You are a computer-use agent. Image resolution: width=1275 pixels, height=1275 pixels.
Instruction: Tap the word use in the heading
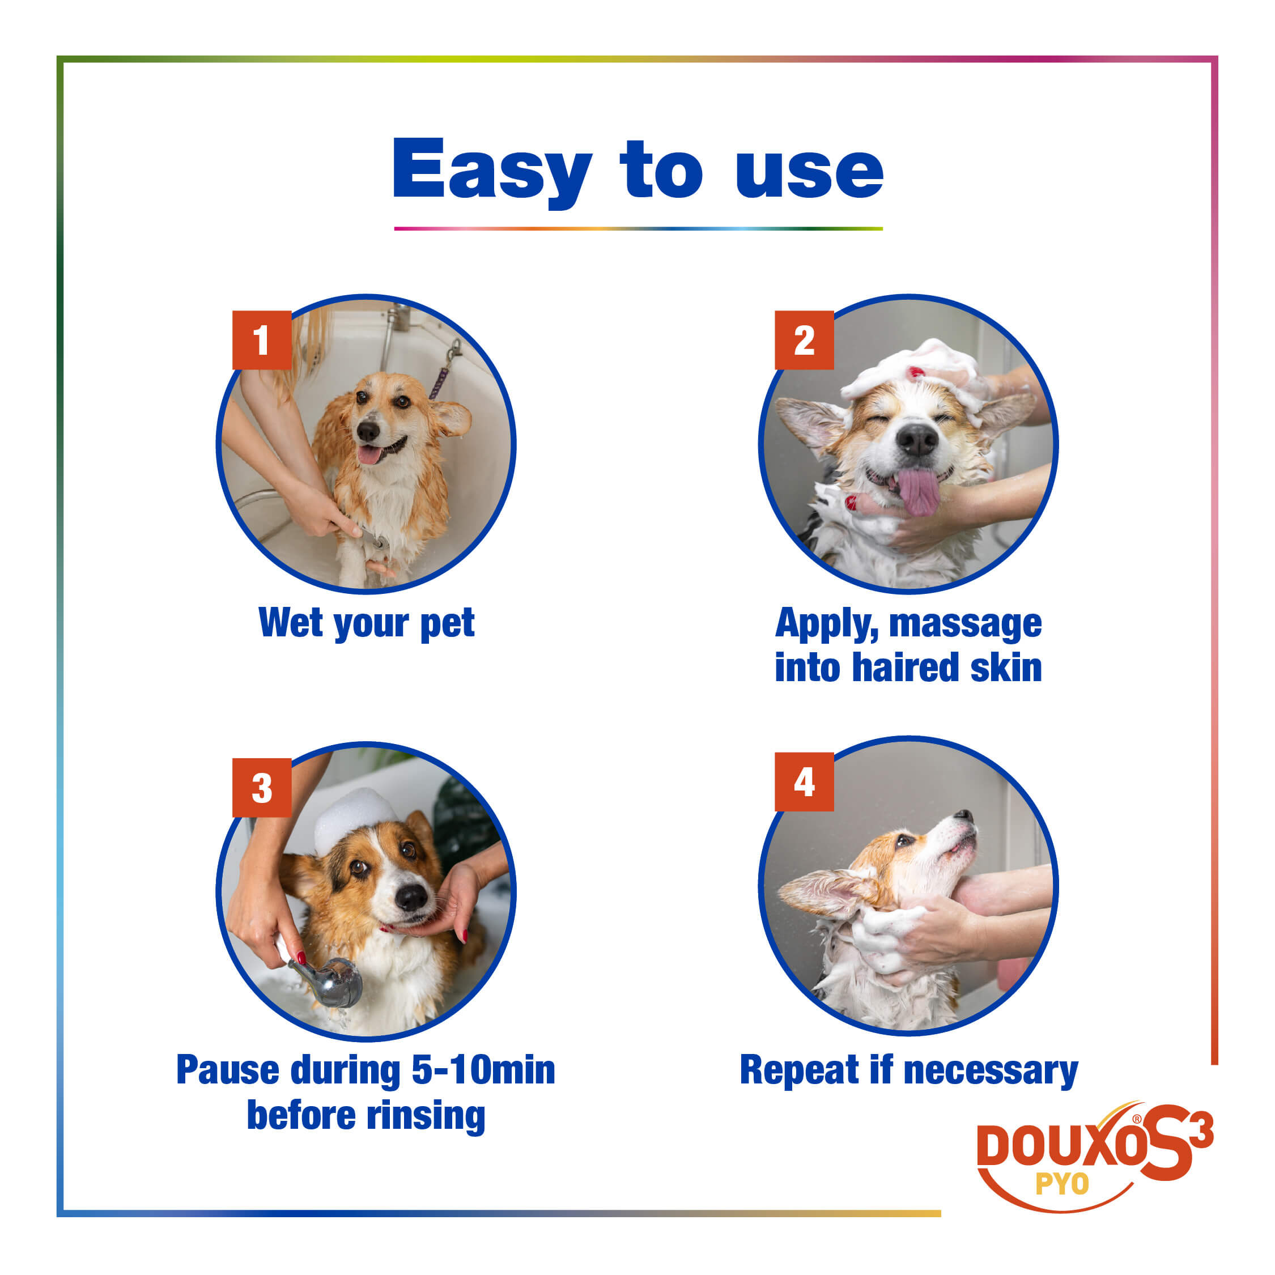(809, 173)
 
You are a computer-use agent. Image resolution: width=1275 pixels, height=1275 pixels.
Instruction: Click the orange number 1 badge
(262, 340)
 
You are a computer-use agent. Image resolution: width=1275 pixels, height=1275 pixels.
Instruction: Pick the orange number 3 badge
(262, 788)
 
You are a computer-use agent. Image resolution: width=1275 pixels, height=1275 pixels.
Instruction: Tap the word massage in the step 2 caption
(966, 624)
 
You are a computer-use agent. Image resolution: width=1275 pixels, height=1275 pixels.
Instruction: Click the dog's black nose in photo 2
(917, 440)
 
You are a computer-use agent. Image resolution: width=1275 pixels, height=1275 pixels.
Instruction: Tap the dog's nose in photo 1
(368, 431)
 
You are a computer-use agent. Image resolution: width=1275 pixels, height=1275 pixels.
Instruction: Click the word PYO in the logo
(1062, 1184)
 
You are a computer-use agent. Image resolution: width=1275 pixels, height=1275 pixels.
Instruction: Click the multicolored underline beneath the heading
(638, 228)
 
